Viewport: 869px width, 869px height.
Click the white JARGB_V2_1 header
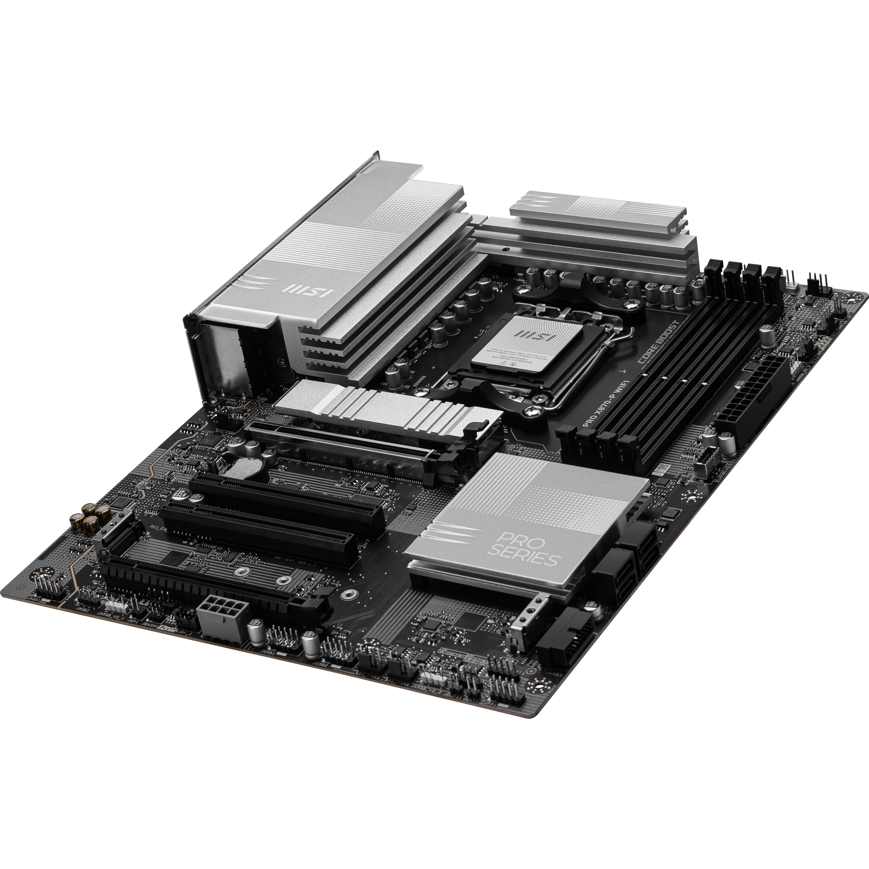pyautogui.click(x=115, y=602)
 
